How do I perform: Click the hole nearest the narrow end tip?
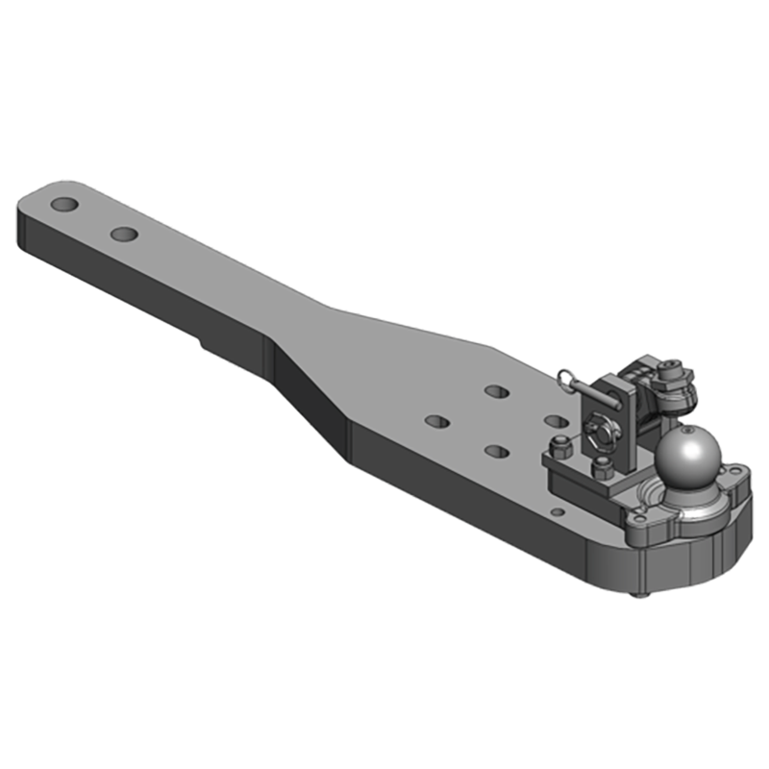[x=65, y=206]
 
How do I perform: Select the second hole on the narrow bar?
[x=124, y=234]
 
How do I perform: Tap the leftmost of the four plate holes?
[x=437, y=421]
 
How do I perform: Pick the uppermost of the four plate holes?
[x=497, y=392]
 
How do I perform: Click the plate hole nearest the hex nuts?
[x=554, y=420]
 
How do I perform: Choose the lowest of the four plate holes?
[x=496, y=451]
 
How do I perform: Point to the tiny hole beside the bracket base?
[x=555, y=509]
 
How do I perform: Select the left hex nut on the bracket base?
[x=558, y=446]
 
